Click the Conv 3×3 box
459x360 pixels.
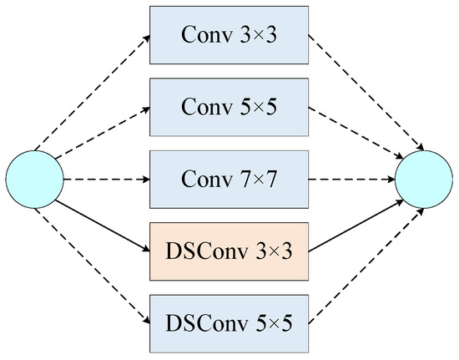tap(230, 38)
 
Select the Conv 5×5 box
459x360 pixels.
tap(230, 108)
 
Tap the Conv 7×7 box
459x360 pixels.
tap(230, 179)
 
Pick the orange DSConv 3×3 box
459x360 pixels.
tap(230, 250)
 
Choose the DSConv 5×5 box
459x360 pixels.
tap(230, 321)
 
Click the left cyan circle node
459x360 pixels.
tap(34, 179)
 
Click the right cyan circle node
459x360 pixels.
tap(424, 179)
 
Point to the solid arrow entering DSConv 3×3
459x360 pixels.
tap(105, 217)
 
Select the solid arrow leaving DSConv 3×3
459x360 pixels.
tap(355, 215)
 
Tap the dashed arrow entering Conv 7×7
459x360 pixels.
tap(107, 179)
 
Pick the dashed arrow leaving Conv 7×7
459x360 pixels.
tap(352, 179)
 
